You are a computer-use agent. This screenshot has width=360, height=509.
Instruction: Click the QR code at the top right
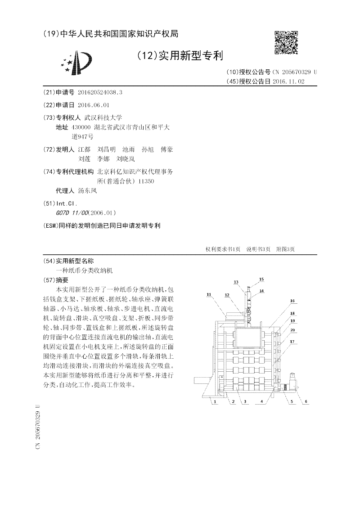(286, 43)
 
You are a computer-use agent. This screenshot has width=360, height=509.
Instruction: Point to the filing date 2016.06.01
(93, 105)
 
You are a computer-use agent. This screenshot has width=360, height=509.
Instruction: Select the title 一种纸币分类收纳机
(84, 271)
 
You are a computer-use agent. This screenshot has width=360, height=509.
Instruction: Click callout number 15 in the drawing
(261, 279)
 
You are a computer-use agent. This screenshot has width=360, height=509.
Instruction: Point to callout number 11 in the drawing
(209, 294)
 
